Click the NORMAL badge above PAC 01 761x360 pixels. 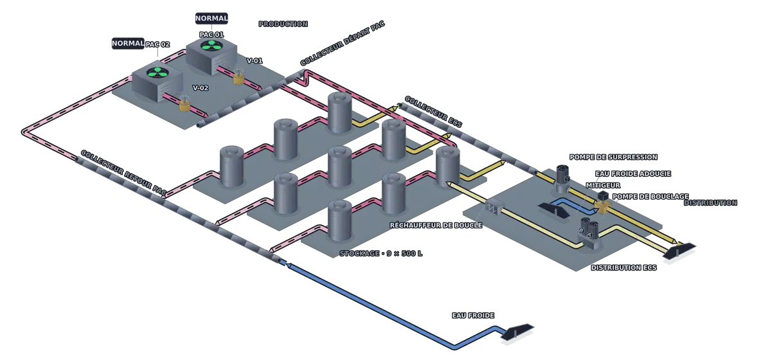click(x=211, y=19)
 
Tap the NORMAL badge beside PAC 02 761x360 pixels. click(x=128, y=44)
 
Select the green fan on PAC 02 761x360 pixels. click(x=157, y=73)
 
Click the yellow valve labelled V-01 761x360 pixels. click(x=238, y=77)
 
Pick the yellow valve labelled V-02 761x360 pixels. click(x=184, y=104)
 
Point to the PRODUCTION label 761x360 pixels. click(x=283, y=24)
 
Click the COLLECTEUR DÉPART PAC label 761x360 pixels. click(x=342, y=44)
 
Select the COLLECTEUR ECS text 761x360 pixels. click(x=433, y=112)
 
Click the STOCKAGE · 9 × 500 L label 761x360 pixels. click(x=380, y=253)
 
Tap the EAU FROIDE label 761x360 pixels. click(x=472, y=316)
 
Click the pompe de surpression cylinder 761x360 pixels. click(x=563, y=177)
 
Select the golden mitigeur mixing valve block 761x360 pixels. click(x=603, y=207)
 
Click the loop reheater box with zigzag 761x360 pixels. click(x=494, y=207)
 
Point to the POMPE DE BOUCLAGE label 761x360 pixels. click(x=650, y=197)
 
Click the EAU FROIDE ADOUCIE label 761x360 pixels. click(x=633, y=174)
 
